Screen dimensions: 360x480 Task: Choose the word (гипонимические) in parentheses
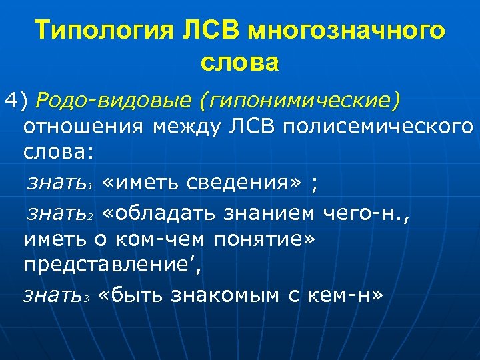tap(300, 101)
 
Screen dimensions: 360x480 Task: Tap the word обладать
tap(171, 213)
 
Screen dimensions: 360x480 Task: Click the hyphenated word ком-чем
tap(157, 239)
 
